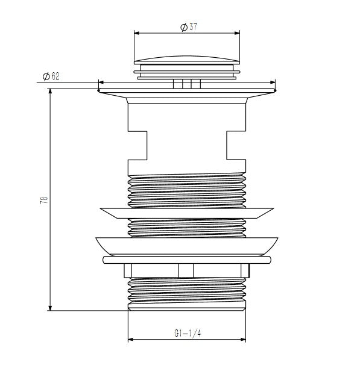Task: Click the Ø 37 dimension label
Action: (x=189, y=26)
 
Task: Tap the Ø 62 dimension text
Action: (x=51, y=76)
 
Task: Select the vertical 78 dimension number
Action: (x=44, y=201)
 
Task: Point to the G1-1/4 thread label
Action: (x=188, y=333)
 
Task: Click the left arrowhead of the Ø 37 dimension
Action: (x=136, y=33)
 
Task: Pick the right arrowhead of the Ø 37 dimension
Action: (x=237, y=33)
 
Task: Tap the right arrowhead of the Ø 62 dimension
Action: (x=273, y=83)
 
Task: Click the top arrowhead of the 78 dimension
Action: (x=50, y=92)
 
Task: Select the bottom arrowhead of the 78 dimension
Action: (x=50, y=308)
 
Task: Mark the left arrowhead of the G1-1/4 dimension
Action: (x=130, y=340)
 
